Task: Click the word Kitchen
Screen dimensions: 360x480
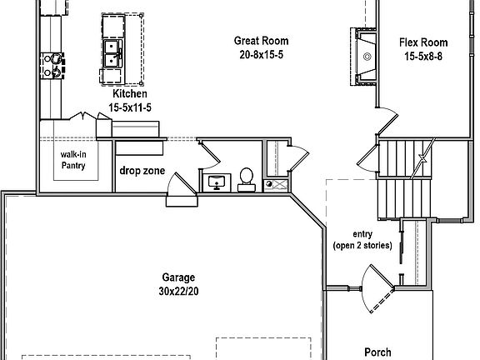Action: pyautogui.click(x=129, y=94)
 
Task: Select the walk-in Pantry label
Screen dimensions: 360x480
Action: pyautogui.click(x=73, y=160)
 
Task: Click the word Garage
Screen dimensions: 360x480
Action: pyautogui.click(x=178, y=277)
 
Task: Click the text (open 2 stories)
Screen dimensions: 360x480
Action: pyautogui.click(x=362, y=245)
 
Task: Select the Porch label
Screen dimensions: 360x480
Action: pyautogui.click(x=377, y=352)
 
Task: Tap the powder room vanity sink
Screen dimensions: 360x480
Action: pyautogui.click(x=218, y=182)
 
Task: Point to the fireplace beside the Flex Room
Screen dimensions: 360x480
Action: pyautogui.click(x=365, y=56)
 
